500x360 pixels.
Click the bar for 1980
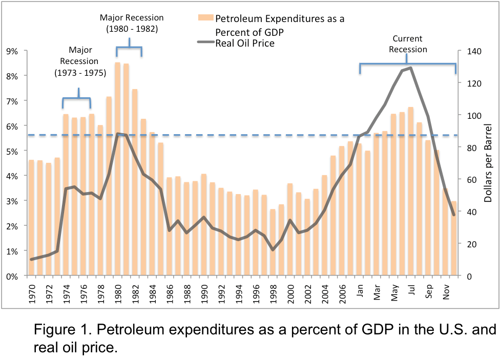coord(117,169)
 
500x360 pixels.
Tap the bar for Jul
coord(411,192)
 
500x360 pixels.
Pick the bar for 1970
coord(31,218)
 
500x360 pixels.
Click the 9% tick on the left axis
coord(11,51)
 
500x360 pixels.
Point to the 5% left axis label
coord(11,151)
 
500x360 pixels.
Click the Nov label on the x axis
coord(446,289)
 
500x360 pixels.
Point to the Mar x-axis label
coord(377,289)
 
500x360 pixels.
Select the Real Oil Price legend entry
coord(244,44)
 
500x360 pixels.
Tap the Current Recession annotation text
coord(408,44)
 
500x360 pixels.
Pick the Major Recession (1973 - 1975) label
coord(80,61)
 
